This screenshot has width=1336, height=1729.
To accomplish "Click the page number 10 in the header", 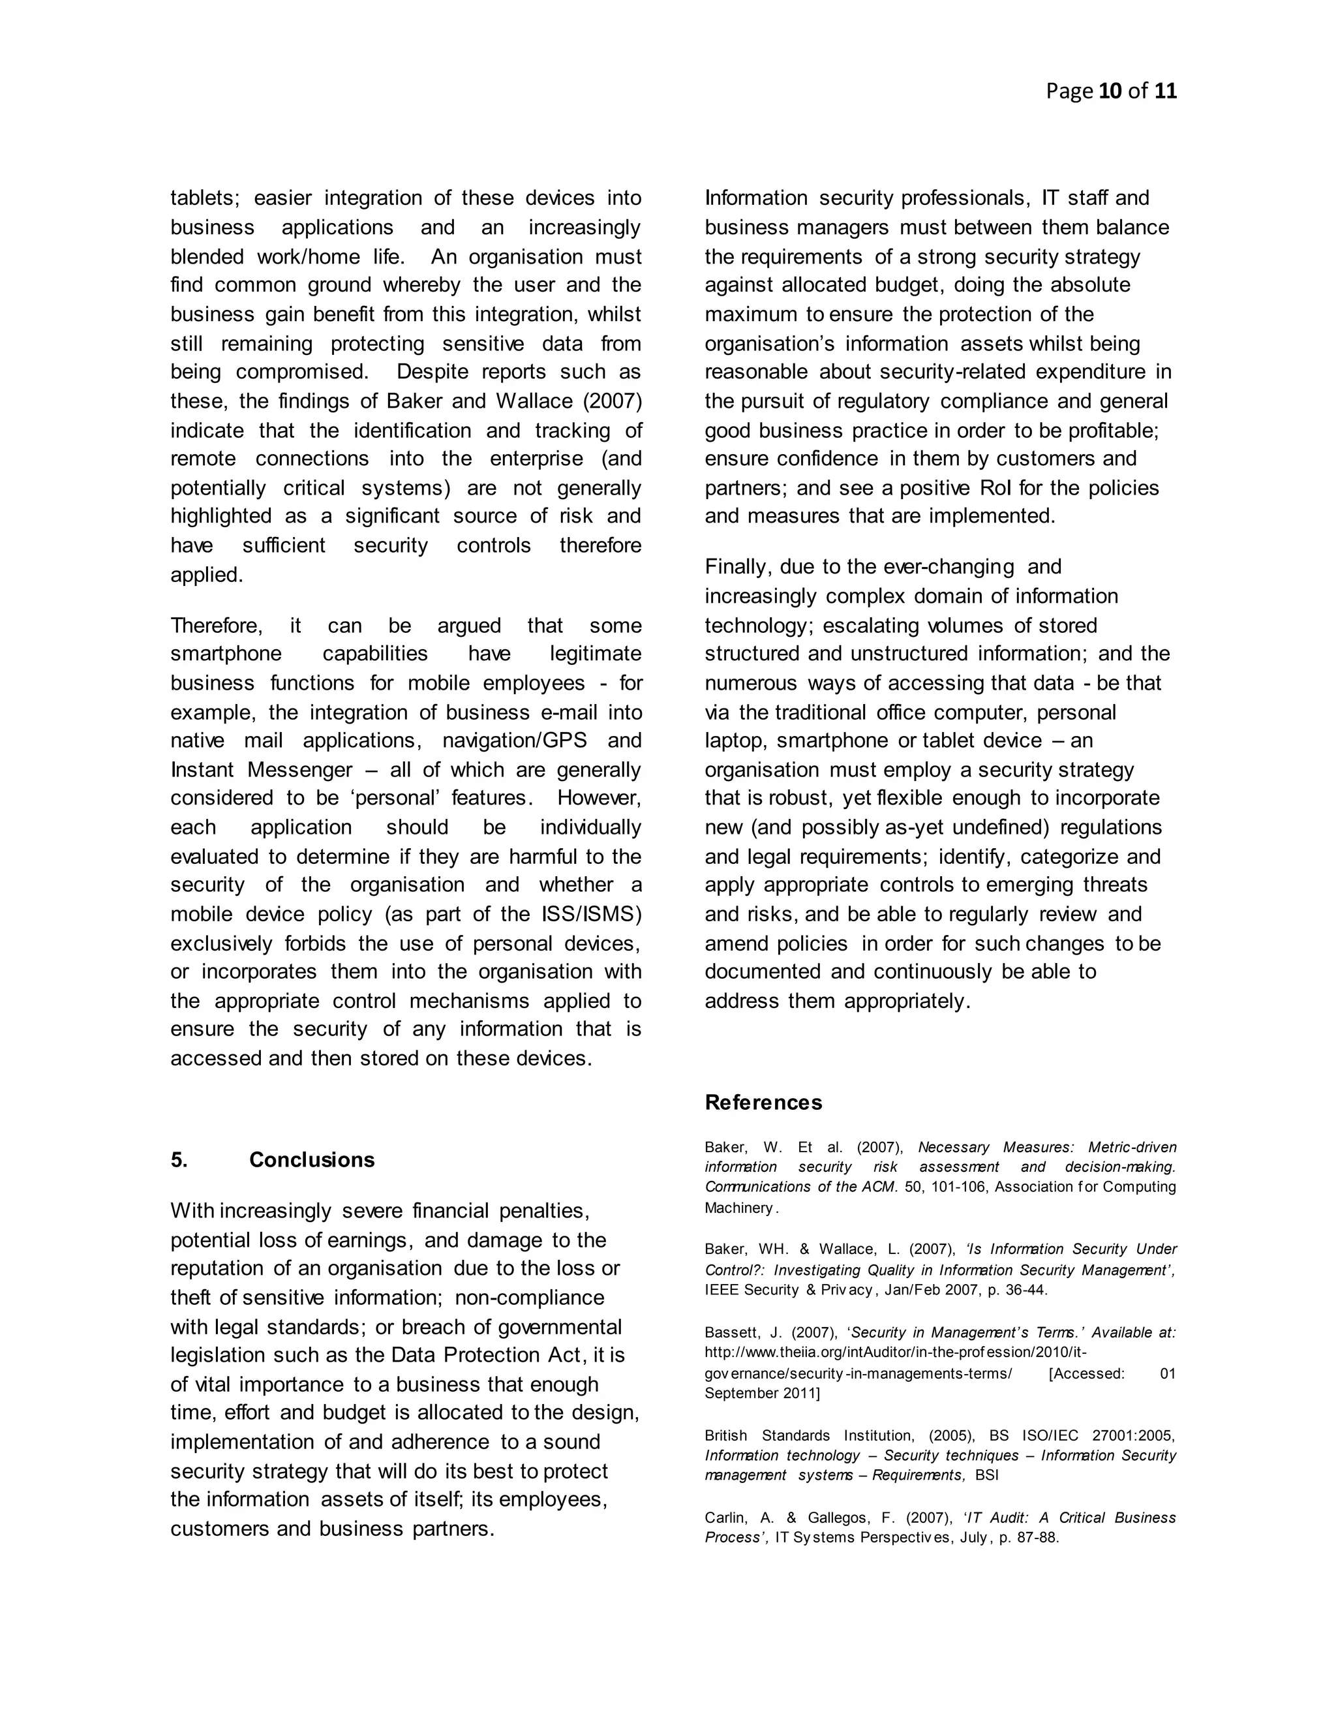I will click(1110, 91).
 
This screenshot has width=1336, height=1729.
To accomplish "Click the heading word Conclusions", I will click(312, 1160).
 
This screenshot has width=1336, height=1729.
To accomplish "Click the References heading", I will click(763, 1102).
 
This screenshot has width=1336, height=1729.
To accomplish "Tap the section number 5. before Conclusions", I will click(179, 1160).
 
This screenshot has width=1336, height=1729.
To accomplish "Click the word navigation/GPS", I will click(515, 741).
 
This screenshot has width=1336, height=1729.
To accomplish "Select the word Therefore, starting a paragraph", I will click(216, 626).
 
